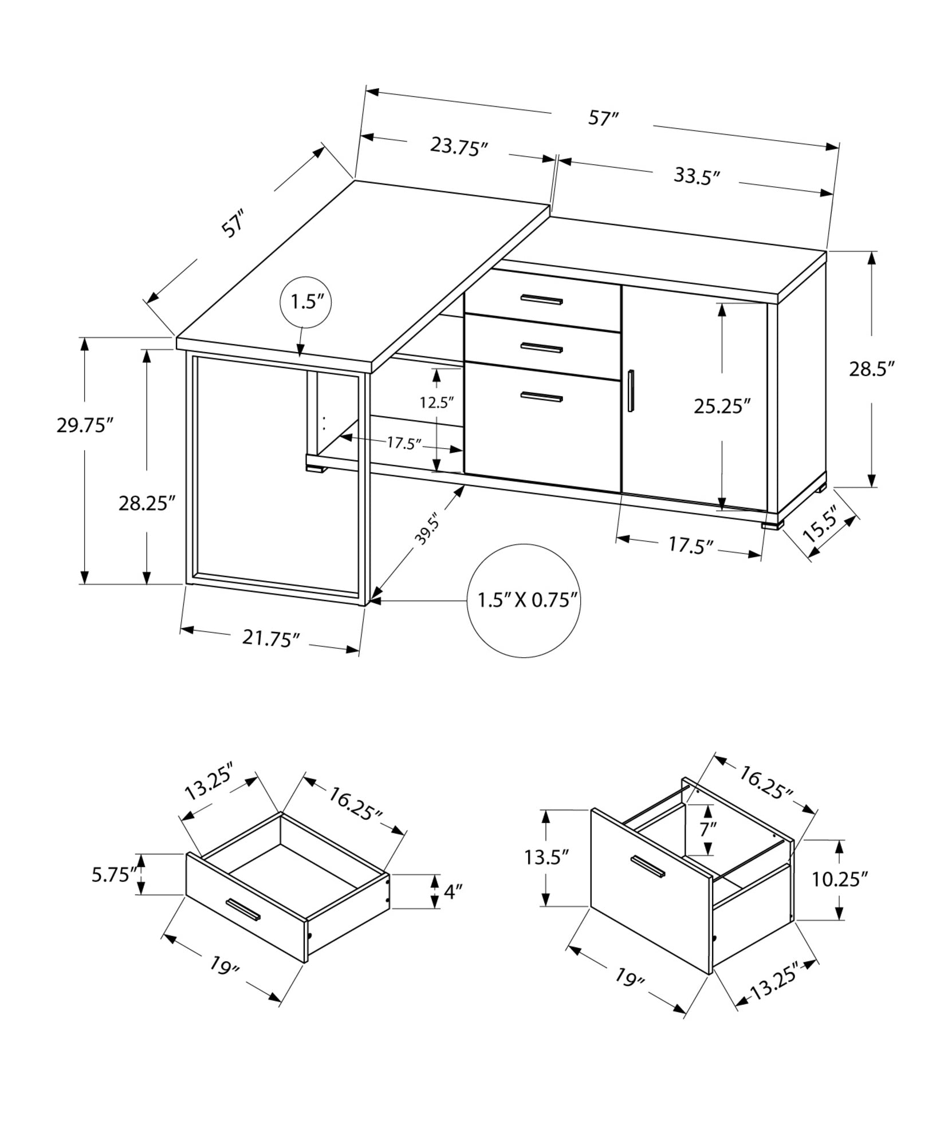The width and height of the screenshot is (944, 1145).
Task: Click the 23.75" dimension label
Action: pos(458,147)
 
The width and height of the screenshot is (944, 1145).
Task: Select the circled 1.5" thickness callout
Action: pos(306,302)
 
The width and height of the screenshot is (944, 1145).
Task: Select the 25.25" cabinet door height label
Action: pos(722,406)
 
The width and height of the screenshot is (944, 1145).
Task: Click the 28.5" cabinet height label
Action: pos(871,369)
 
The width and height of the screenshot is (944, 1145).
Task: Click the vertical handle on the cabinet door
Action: pos(631,390)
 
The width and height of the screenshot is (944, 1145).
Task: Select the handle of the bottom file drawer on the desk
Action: pos(541,396)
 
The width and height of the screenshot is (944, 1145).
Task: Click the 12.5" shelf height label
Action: pos(436,402)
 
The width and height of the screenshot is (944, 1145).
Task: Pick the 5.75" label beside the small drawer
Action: pos(114,875)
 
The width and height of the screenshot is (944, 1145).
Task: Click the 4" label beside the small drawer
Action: pos(453,892)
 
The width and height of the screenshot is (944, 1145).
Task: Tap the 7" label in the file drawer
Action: pos(708,829)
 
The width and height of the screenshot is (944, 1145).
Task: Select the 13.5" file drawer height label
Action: pos(546,857)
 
